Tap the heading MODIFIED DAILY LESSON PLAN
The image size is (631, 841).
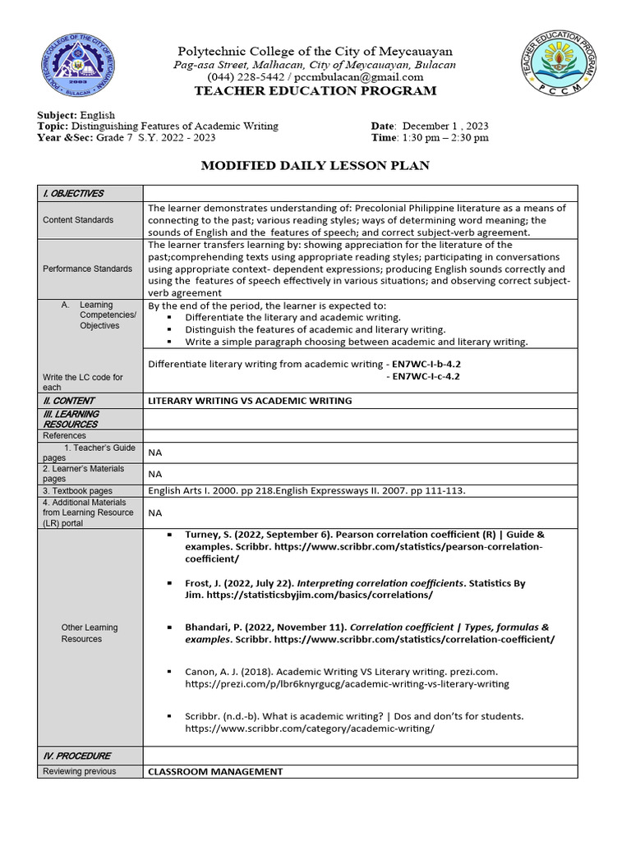315,166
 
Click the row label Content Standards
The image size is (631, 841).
78,220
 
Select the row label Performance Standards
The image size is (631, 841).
87,269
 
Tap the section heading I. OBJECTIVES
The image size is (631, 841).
73,194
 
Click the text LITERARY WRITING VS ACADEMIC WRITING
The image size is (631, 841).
250,401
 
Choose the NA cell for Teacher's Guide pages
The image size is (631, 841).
155,453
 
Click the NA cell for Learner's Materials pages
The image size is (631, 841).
155,474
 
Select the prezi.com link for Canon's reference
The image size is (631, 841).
347,684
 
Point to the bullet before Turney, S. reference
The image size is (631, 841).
169,535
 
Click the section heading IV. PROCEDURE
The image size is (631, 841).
76,756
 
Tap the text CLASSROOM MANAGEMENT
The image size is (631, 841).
215,772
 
